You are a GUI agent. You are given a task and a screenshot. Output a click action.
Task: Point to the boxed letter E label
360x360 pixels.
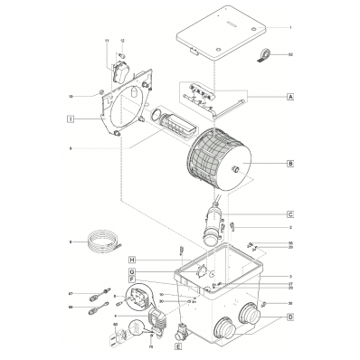coord(178,346)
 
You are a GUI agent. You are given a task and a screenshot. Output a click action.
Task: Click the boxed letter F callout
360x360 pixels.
coord(131,280)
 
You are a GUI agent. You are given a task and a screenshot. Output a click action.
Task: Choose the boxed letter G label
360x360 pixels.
coord(131,272)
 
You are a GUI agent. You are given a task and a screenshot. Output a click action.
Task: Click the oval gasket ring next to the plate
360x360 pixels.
coord(156,117)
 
